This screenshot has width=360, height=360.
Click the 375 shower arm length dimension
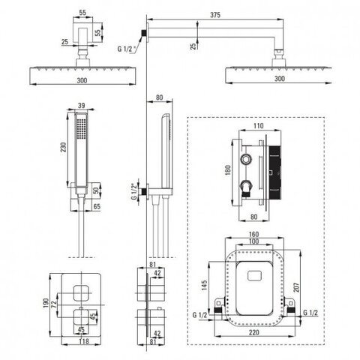[215, 15]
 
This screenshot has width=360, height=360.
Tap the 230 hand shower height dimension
[64, 147]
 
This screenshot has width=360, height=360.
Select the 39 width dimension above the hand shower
[82, 106]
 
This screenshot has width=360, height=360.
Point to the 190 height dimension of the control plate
[46, 303]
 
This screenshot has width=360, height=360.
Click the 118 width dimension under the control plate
[84, 341]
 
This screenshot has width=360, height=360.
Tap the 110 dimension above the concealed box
[259, 126]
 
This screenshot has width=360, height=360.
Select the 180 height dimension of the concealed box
[228, 170]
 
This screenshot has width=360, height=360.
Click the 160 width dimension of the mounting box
[253, 235]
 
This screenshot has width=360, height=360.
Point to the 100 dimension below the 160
[253, 241]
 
